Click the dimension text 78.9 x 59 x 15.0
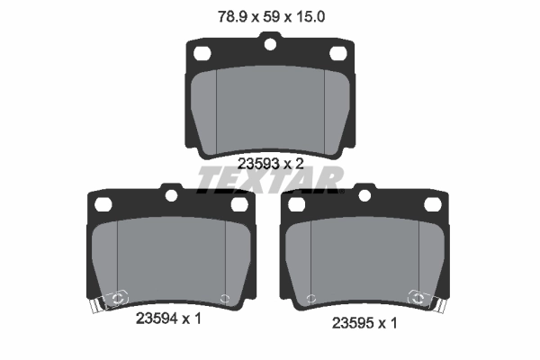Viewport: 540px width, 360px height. click(x=269, y=15)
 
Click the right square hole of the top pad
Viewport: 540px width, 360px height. click(x=339, y=54)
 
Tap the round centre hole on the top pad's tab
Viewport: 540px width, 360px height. click(x=269, y=41)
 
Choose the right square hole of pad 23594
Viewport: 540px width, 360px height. click(x=240, y=205)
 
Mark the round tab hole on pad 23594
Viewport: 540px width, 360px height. click(x=170, y=193)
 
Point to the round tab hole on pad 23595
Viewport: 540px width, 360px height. click(x=364, y=193)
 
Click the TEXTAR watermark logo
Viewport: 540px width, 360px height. click(x=269, y=178)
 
